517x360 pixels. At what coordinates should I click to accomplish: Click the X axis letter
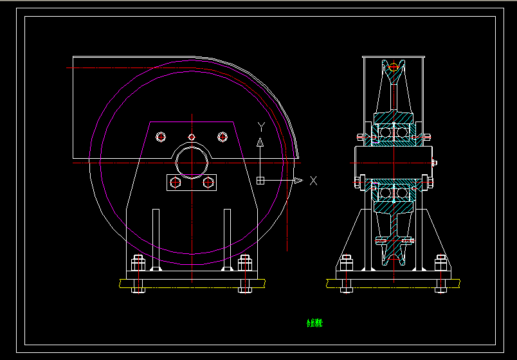click(313, 181)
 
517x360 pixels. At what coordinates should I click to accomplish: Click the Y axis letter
click(260, 126)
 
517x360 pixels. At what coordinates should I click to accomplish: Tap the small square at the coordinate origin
click(260, 181)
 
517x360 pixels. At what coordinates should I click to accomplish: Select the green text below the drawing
click(314, 323)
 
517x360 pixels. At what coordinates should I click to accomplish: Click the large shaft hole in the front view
click(192, 162)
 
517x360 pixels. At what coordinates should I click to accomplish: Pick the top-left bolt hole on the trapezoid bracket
click(161, 136)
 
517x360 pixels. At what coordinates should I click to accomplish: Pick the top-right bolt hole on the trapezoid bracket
click(222, 136)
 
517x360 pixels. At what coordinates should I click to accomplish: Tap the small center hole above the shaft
click(192, 136)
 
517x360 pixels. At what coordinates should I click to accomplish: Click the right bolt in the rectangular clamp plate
click(208, 183)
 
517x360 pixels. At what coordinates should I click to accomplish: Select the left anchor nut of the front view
click(138, 264)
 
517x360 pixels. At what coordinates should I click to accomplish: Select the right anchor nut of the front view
click(244, 264)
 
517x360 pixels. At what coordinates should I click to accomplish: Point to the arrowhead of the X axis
click(298, 181)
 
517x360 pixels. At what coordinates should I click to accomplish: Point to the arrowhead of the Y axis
click(260, 142)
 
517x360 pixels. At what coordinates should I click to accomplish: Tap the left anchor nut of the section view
click(346, 264)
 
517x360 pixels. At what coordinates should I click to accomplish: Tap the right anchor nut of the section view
click(440, 264)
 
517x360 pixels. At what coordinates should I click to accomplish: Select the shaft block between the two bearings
click(394, 162)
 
